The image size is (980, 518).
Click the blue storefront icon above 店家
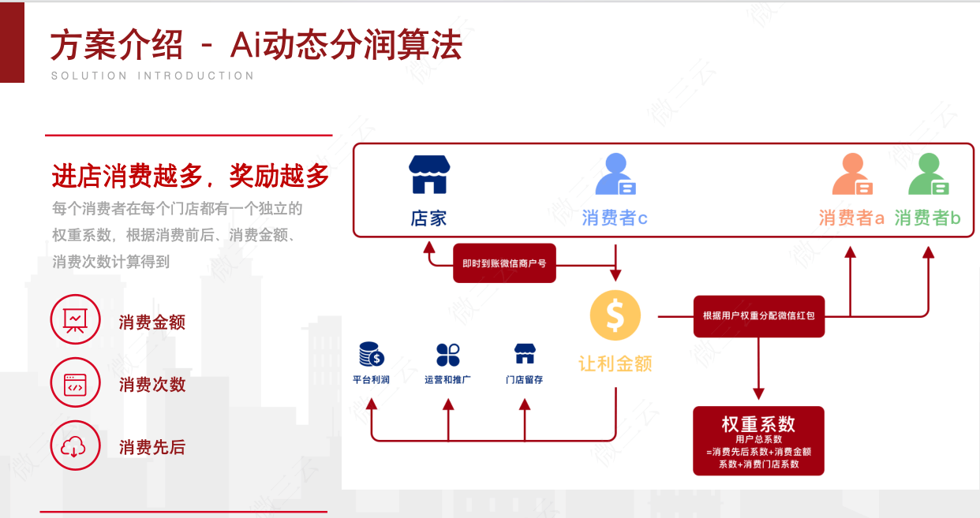pos(428,174)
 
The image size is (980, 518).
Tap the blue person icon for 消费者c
pos(615,174)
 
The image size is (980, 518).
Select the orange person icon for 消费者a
pos(852,174)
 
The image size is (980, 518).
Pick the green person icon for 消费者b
pos(927,174)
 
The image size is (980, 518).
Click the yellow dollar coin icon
pos(615,315)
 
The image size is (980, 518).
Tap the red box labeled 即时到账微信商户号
pos(504,263)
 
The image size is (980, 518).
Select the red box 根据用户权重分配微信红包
pos(758,316)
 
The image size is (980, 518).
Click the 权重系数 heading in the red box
pos(758,423)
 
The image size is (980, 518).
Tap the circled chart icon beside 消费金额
pos(76,321)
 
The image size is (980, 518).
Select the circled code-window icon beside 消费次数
pos(76,384)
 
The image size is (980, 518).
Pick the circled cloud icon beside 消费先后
pos(76,446)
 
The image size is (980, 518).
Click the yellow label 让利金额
pos(615,363)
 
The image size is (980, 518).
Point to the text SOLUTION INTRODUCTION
pos(152,76)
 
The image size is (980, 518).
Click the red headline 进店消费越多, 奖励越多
pos(190,176)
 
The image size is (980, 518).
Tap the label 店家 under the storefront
pos(428,218)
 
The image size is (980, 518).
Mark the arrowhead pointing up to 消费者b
pos(928,252)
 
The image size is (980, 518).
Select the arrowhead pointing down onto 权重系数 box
pos(758,393)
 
